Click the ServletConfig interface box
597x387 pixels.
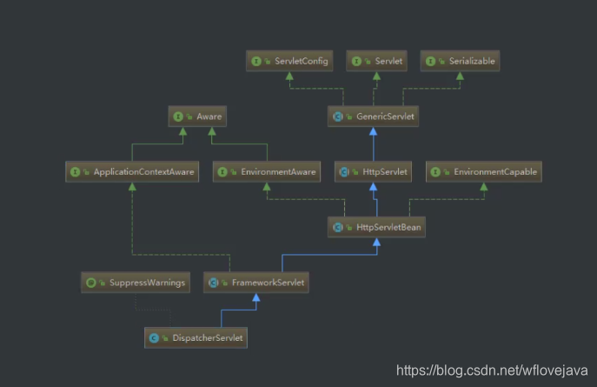pyautogui.click(x=284, y=61)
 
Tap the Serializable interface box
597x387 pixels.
pyautogui.click(x=461, y=61)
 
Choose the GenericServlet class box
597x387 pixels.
pyautogui.click(x=374, y=115)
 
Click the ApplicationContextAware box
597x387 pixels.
pyautogui.click(x=132, y=172)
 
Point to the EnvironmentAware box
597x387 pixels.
pyautogui.click(x=267, y=172)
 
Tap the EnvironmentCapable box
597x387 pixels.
pyautogui.click(x=483, y=172)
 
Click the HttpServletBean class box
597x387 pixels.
pyautogui.click(x=375, y=228)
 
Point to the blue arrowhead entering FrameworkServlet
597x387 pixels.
pyautogui.click(x=255, y=297)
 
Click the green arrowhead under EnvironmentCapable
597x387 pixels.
pyautogui.click(x=483, y=187)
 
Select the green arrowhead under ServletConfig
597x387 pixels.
pyautogui.click(x=284, y=76)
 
